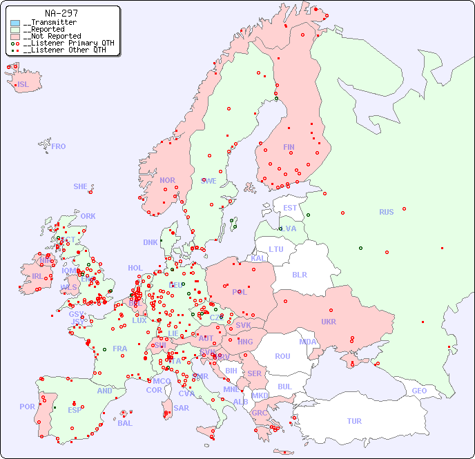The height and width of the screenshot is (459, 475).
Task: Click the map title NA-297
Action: coord(61,13)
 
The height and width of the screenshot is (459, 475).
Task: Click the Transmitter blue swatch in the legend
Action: coord(15,23)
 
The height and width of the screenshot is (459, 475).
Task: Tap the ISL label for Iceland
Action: coord(23,85)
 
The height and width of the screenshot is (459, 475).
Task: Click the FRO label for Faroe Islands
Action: coord(59,146)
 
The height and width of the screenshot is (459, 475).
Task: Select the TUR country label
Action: coord(354,421)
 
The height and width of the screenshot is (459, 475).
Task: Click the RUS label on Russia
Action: coord(386,212)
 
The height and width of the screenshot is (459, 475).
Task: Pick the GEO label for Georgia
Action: coord(419,391)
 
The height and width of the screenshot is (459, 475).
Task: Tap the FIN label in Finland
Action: coord(289,147)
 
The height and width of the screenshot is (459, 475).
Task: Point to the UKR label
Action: coord(329,322)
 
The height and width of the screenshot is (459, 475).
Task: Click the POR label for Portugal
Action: coord(27,407)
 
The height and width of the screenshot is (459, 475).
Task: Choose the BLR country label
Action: coord(299,274)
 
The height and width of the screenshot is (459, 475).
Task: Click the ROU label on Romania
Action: coord(282,356)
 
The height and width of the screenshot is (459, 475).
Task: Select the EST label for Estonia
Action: coord(290,208)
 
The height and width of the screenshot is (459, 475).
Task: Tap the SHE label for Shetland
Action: coord(81,186)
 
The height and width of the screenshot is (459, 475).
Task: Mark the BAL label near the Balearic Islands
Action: coord(125,423)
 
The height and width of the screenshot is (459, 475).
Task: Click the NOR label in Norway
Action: coord(167,180)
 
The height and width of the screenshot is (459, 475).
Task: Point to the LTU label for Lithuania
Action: coord(276,249)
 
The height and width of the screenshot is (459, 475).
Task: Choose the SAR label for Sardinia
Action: coord(182,408)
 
